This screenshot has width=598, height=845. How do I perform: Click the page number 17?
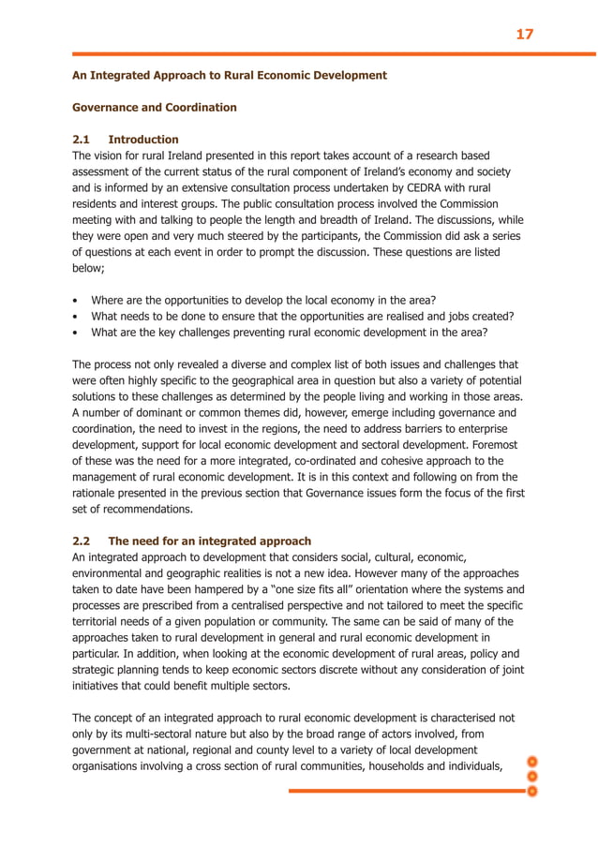pyautogui.click(x=524, y=34)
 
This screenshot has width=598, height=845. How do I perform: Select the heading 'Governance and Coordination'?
pyautogui.click(x=155, y=108)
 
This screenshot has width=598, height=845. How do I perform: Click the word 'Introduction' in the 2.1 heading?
pyautogui.click(x=143, y=140)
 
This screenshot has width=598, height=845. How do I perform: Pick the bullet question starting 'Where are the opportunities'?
pyautogui.click(x=262, y=300)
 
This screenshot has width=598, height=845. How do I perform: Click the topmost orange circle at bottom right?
pyautogui.click(x=531, y=761)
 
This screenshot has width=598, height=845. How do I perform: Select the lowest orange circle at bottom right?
pyautogui.click(x=531, y=792)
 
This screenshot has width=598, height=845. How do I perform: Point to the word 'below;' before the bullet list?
pyautogui.click(x=92, y=268)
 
